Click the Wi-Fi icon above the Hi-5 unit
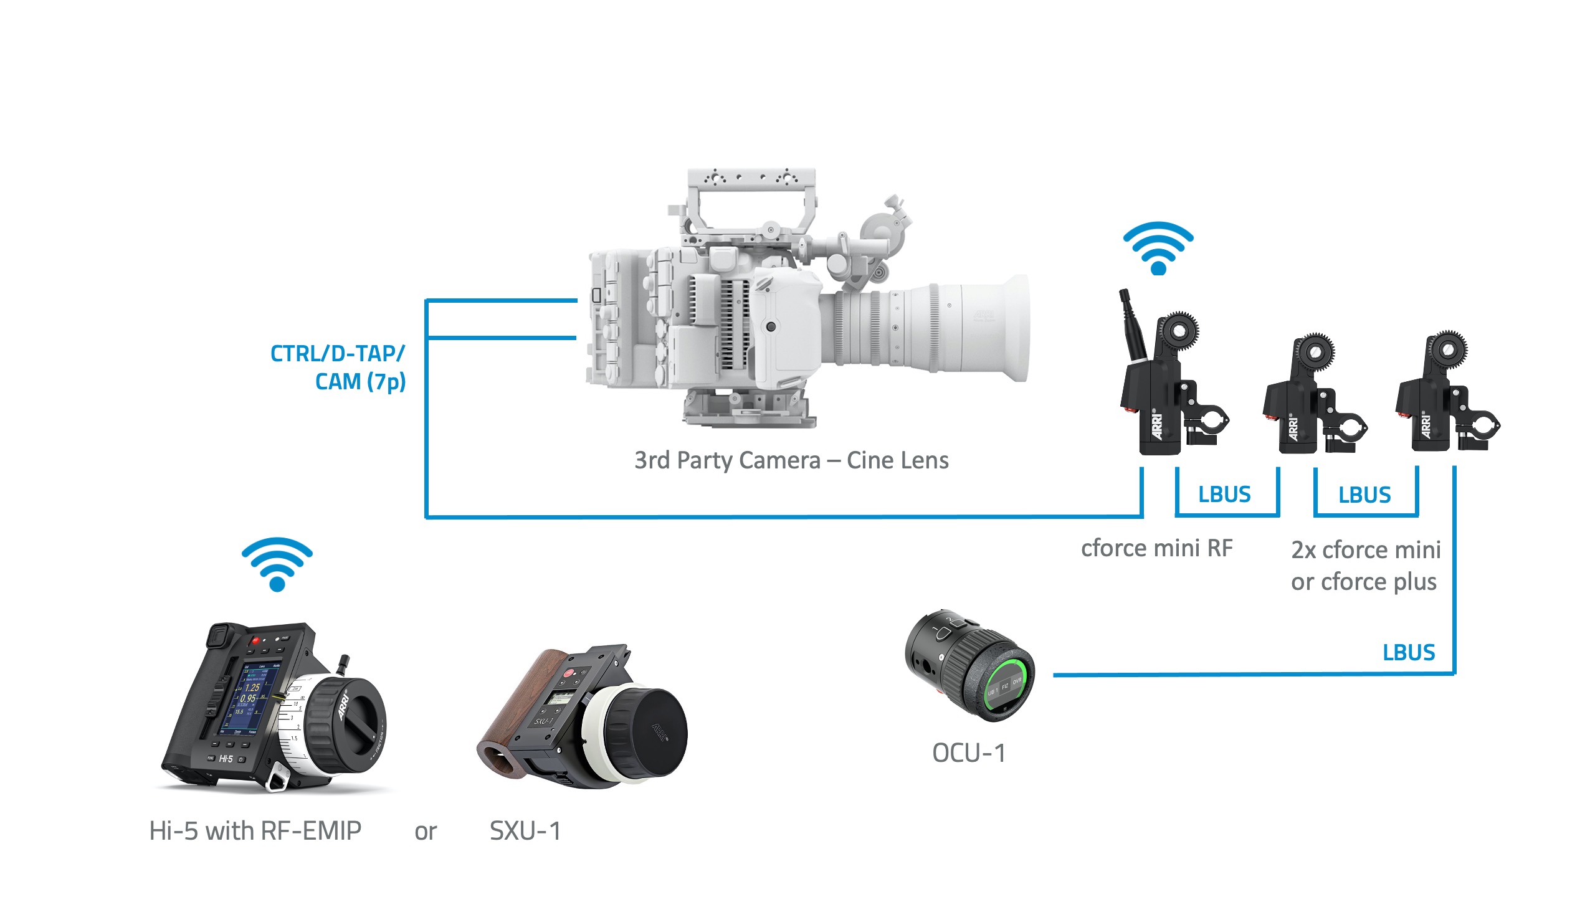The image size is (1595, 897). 277,564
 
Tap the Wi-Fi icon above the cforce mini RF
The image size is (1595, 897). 1158,248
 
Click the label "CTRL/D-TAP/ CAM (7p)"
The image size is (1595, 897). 338,368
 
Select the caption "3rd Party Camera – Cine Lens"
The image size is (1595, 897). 791,460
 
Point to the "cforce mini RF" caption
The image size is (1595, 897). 1157,548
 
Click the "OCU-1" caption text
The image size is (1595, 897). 969,753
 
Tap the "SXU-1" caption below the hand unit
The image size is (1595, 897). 525,831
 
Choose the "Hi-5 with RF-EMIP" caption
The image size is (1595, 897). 255,831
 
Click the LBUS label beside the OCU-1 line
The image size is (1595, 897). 1409,652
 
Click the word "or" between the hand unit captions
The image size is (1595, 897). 426,832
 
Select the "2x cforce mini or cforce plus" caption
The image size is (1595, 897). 1365,566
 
